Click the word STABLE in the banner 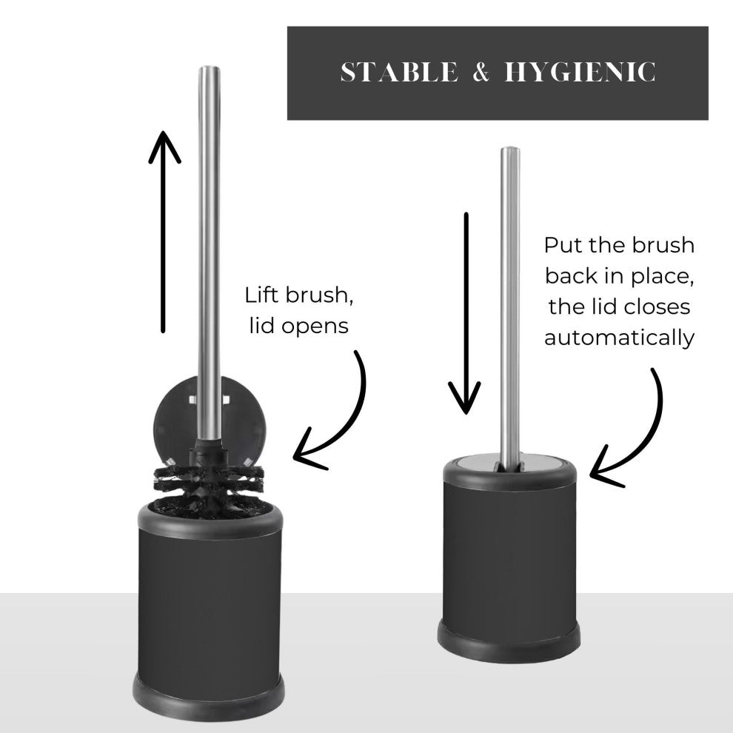coord(399,72)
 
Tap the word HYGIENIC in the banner coord(580,72)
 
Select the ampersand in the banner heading coord(481,72)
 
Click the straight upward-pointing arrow coord(163,232)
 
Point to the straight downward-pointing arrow coord(466,313)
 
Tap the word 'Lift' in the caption coord(261,295)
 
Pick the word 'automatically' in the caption coord(620,338)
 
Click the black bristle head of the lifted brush coord(209,486)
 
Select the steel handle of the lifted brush coord(209,257)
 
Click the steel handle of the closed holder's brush coord(509,304)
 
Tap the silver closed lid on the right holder coord(509,464)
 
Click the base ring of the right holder coord(509,640)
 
